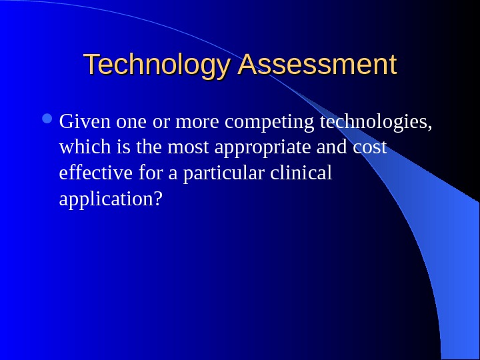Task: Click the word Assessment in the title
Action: click(x=317, y=65)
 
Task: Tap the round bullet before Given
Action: click(x=51, y=121)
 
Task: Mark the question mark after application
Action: click(x=158, y=199)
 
